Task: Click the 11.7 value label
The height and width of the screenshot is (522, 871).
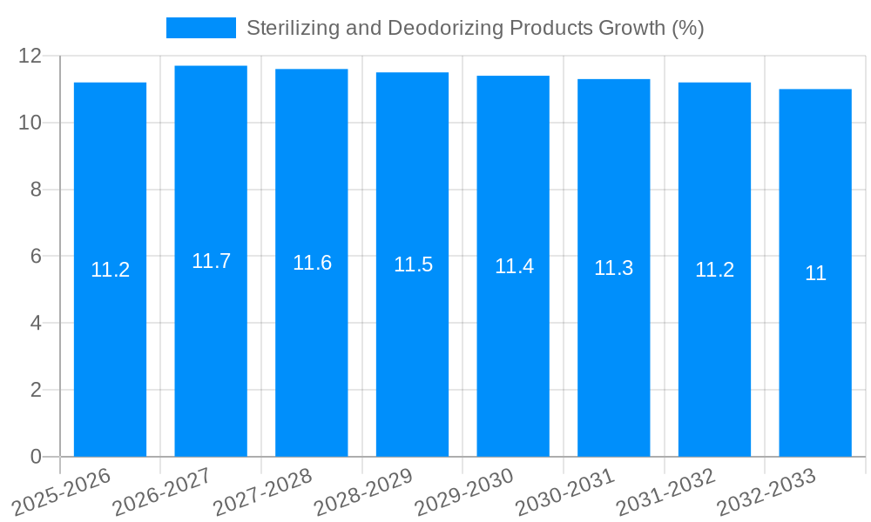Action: click(x=211, y=261)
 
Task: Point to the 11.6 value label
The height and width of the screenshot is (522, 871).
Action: click(x=312, y=263)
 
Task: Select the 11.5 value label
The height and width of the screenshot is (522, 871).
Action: click(x=413, y=264)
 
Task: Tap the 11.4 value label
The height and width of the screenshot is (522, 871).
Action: click(x=514, y=266)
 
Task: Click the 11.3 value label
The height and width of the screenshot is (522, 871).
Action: click(x=613, y=268)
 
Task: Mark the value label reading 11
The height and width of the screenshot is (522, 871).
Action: click(x=815, y=273)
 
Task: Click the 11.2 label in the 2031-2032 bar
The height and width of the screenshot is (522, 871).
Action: click(x=714, y=270)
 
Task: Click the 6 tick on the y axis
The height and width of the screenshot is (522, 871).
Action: click(x=36, y=257)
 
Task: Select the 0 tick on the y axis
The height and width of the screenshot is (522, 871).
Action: click(x=36, y=457)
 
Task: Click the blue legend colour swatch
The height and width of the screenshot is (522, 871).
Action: click(x=200, y=28)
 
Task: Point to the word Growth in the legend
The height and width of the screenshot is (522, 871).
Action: click(x=631, y=28)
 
